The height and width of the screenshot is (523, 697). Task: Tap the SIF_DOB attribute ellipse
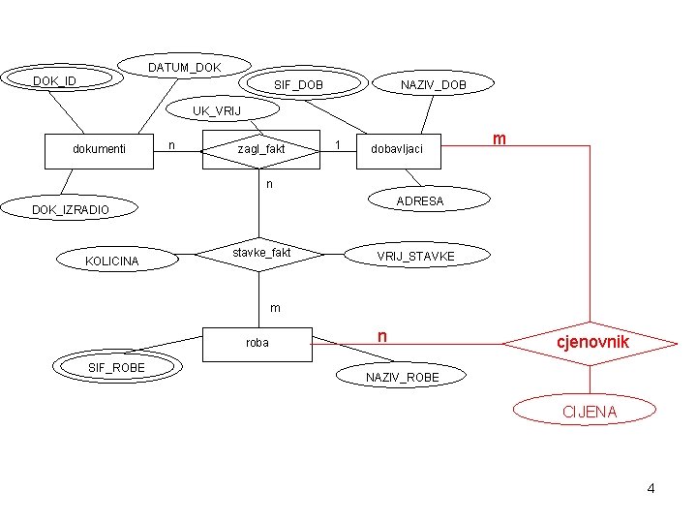pyautogui.click(x=299, y=85)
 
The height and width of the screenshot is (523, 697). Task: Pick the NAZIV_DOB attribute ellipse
pyautogui.click(x=434, y=85)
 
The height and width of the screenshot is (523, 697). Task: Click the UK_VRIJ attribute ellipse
pyautogui.click(x=217, y=110)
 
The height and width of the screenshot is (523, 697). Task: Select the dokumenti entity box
pyautogui.click(x=100, y=148)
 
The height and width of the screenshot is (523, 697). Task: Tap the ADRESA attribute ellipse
pyautogui.click(x=419, y=201)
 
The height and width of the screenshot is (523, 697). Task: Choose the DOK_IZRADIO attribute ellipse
pyautogui.click(x=71, y=209)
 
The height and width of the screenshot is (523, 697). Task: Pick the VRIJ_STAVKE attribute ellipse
pyautogui.click(x=414, y=256)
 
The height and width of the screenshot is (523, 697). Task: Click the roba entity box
pyautogui.click(x=258, y=342)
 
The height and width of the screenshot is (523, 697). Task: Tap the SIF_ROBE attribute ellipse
pyautogui.click(x=115, y=367)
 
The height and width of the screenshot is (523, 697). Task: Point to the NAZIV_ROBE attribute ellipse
pyautogui.click(x=402, y=376)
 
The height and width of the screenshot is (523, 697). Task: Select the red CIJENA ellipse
pyautogui.click(x=591, y=413)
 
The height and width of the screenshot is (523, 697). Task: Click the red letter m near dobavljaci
pyautogui.click(x=499, y=139)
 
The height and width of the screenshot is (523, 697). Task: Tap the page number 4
pyautogui.click(x=651, y=488)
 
